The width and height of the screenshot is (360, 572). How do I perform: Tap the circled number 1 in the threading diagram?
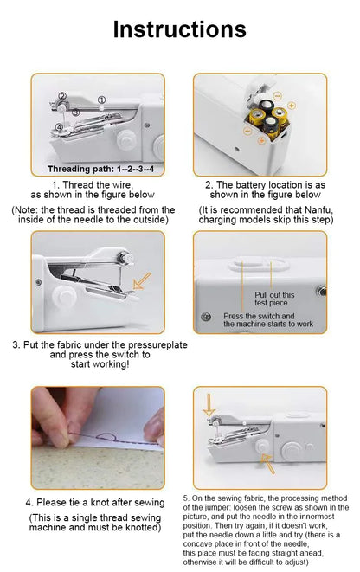pos(101,100)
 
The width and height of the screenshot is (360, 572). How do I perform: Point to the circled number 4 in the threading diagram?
pos(59,128)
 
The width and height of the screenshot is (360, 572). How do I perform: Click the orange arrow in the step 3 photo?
pos(140,282)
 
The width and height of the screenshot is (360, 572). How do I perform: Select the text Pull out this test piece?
pos(274,299)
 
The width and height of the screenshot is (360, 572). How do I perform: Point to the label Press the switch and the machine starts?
pos(267,320)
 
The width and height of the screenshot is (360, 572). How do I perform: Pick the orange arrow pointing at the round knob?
pos(270,466)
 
